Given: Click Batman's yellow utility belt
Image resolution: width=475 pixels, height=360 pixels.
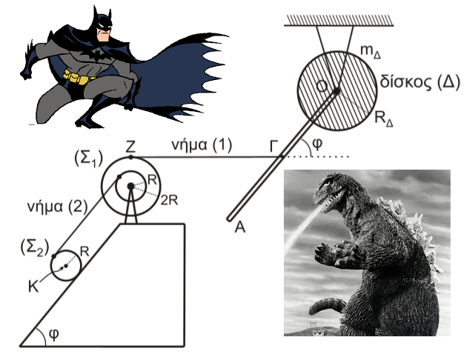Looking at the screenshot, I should [79, 76].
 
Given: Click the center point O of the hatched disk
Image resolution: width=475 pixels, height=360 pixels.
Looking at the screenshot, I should [336, 91].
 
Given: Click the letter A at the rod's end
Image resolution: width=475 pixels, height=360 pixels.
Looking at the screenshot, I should [240, 227].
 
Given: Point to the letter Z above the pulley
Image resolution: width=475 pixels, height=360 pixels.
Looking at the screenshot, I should [130, 145].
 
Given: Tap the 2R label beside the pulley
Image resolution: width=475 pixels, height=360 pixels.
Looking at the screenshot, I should [169, 199].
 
